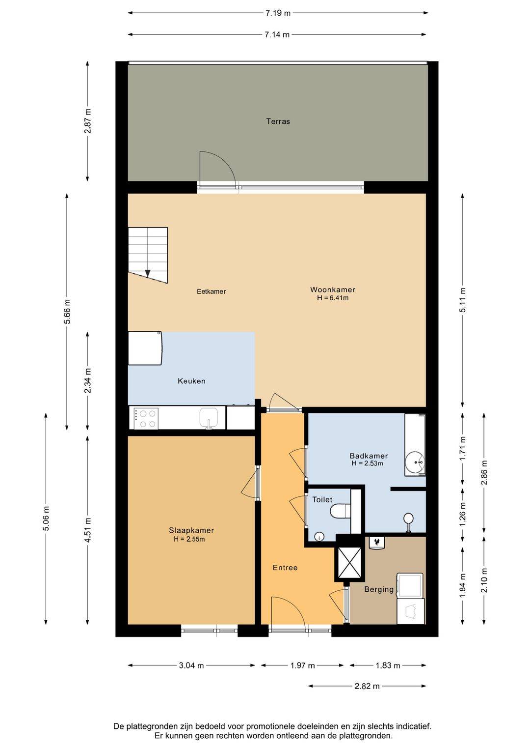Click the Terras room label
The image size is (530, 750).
tap(278, 121)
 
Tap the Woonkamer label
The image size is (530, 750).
tap(332, 289)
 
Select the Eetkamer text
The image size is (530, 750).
tap(211, 291)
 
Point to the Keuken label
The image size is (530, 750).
tap(191, 381)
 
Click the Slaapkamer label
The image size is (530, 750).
tap(191, 530)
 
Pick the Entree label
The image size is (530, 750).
tap(285, 568)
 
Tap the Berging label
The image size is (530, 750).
tap(379, 589)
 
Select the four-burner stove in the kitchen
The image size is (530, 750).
tap(146, 418)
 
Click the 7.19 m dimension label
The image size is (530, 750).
tap(278, 13)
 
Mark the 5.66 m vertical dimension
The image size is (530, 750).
tap(67, 312)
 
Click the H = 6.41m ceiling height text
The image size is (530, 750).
tap(333, 298)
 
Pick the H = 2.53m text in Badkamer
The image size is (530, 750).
tap(367, 463)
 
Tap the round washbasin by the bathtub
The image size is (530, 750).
tap(415, 462)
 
